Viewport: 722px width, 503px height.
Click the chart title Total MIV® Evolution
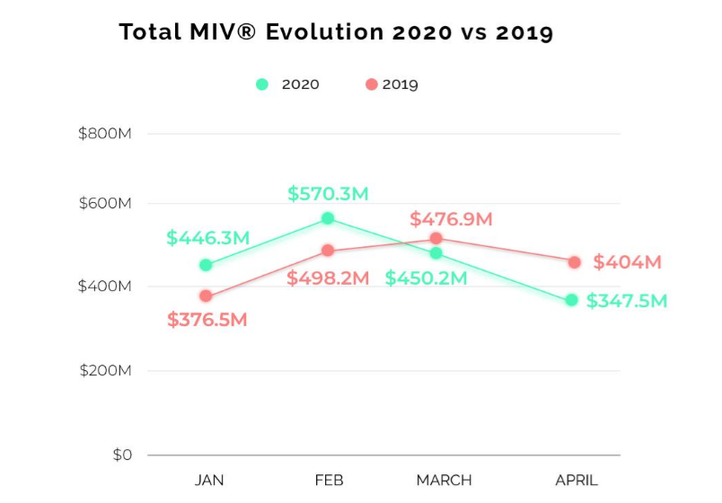click(336, 33)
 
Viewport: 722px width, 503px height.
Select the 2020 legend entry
click(287, 84)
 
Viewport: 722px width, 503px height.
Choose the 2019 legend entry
click(392, 84)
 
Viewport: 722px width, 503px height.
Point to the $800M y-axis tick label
click(105, 134)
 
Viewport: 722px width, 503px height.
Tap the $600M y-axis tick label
click(105, 204)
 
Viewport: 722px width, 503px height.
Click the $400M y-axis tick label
click(105, 287)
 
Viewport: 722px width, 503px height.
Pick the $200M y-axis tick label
click(105, 371)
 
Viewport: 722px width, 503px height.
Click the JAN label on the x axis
click(209, 480)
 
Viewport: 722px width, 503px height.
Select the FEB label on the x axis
click(329, 480)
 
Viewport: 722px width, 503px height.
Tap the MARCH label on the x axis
click(444, 480)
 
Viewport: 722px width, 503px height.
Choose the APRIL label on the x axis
click(576, 480)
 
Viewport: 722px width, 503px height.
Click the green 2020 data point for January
click(206, 265)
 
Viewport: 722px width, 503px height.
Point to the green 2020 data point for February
click(328, 218)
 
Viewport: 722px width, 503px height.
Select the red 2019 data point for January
click(206, 296)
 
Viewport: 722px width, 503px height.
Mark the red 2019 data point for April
click(574, 262)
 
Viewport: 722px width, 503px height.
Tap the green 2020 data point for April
click(571, 300)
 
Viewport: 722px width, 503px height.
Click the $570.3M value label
click(328, 193)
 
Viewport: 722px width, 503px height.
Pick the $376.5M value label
click(207, 320)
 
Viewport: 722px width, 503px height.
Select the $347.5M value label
click(627, 301)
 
